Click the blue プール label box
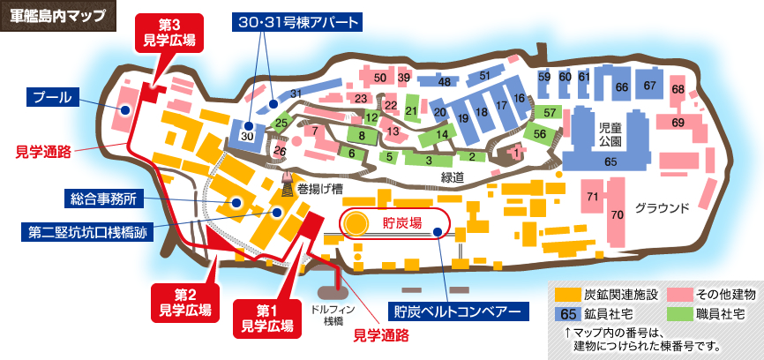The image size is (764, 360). pos(52,96)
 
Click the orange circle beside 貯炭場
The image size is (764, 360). pos(356,223)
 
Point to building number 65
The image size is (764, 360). pos(610,162)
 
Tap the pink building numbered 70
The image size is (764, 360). pos(618,214)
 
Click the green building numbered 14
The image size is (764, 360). pos(443,134)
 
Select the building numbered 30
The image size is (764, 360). pos(247,135)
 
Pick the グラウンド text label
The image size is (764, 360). pos(661,208)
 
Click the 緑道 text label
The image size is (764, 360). pos(453,177)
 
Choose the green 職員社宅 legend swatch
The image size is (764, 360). pos(681,313)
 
